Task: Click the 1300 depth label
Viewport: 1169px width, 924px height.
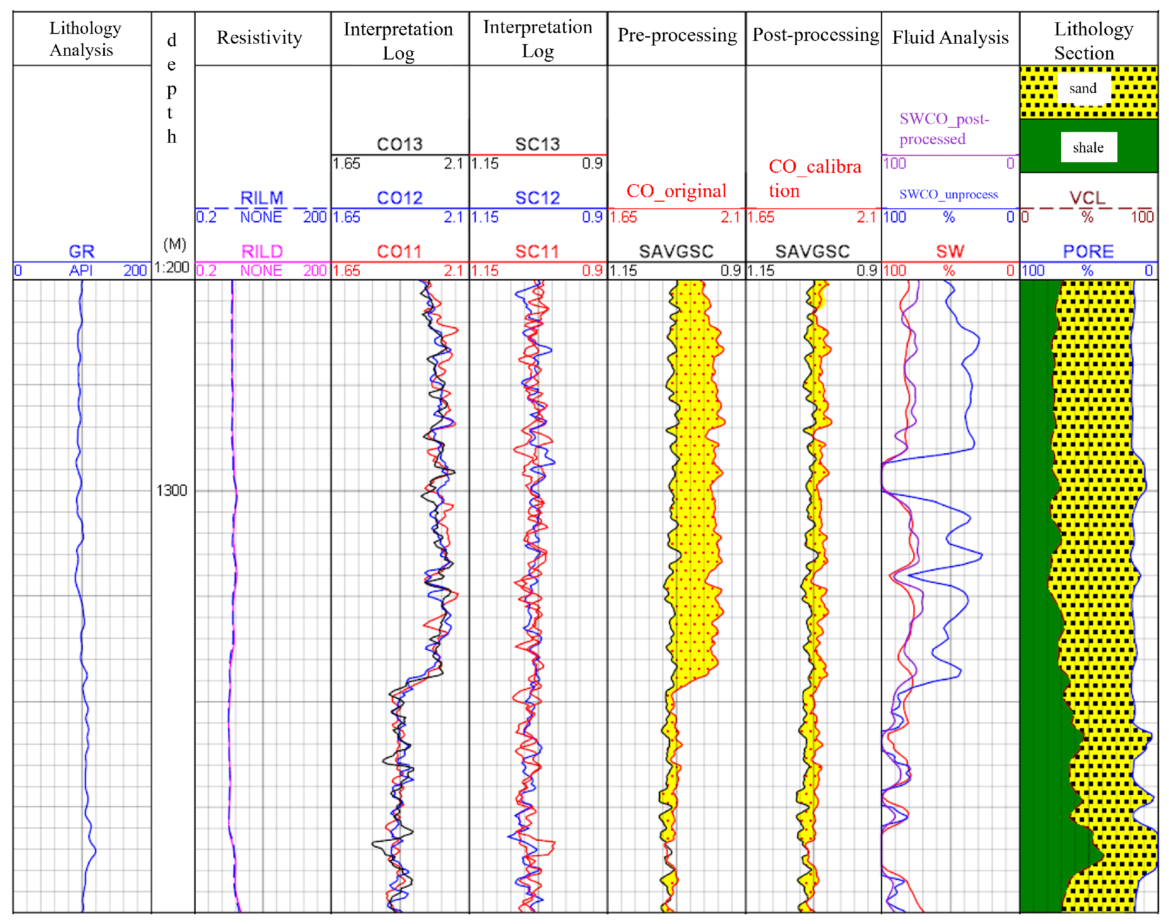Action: click(172, 490)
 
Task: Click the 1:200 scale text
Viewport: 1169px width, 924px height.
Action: click(172, 267)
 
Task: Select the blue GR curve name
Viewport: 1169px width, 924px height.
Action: click(82, 251)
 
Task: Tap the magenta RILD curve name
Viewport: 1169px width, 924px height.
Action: click(262, 251)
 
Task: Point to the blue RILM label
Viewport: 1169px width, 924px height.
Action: click(262, 198)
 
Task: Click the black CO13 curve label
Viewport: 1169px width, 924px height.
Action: click(399, 144)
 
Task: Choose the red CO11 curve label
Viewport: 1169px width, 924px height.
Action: click(399, 251)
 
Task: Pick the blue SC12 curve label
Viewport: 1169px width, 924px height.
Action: click(537, 198)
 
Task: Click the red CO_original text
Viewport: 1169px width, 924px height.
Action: click(676, 191)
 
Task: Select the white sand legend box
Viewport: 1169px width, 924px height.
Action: click(1083, 88)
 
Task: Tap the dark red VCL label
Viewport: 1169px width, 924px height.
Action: click(1087, 198)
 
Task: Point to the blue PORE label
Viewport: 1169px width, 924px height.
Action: click(1088, 251)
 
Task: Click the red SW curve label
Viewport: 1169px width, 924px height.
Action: click(950, 251)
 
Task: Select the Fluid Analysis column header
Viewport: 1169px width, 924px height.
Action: click(950, 37)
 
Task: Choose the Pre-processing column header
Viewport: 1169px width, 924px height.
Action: click(677, 35)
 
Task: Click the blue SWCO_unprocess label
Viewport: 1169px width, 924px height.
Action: click(948, 194)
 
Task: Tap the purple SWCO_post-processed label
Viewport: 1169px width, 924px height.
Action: click(944, 129)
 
